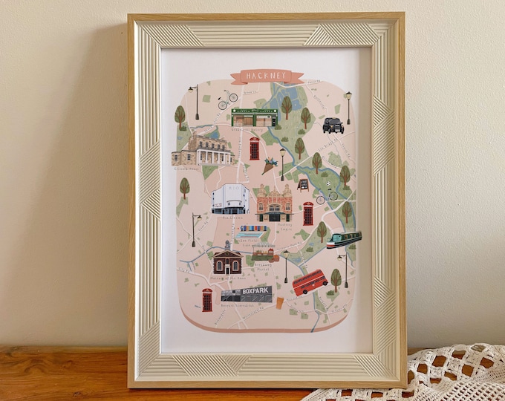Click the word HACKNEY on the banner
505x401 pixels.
tap(267, 76)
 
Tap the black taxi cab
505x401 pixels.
tap(333, 125)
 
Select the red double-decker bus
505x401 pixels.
tap(310, 281)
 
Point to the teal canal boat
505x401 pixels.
tap(344, 239)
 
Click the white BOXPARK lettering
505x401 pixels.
tap(255, 292)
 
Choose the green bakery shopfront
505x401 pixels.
tap(253, 117)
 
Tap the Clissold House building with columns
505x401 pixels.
tap(202, 150)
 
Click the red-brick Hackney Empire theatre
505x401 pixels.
tap(274, 203)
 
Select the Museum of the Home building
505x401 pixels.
tap(227, 260)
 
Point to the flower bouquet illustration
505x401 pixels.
tap(269, 166)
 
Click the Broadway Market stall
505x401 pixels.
tap(264, 254)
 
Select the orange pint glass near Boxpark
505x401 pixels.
tap(279, 303)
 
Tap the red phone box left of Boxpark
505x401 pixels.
tap(207, 299)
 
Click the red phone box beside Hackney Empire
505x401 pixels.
tap(307, 213)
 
